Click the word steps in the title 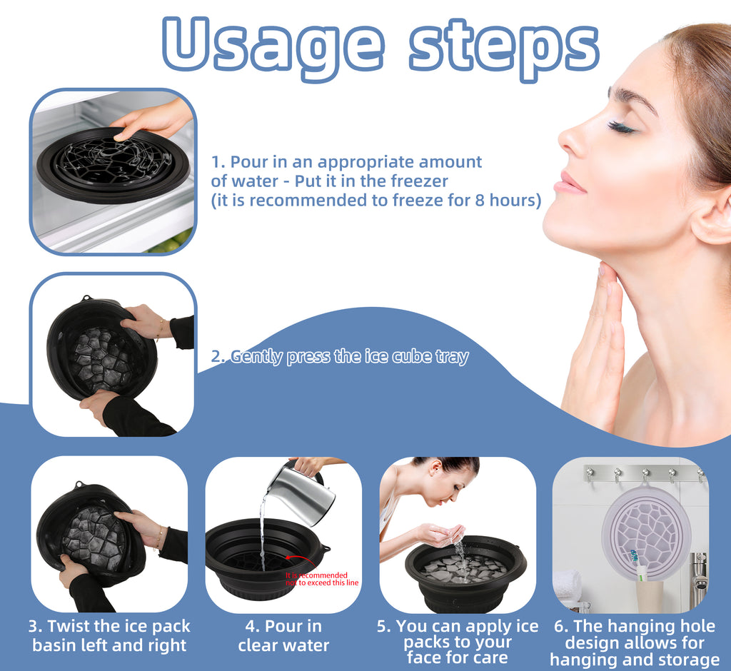(x=503, y=44)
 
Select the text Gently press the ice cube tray (x=340, y=357)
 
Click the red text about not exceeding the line (x=322, y=579)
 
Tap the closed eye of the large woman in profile (x=620, y=126)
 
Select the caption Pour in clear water (x=283, y=636)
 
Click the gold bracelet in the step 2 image (x=161, y=329)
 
